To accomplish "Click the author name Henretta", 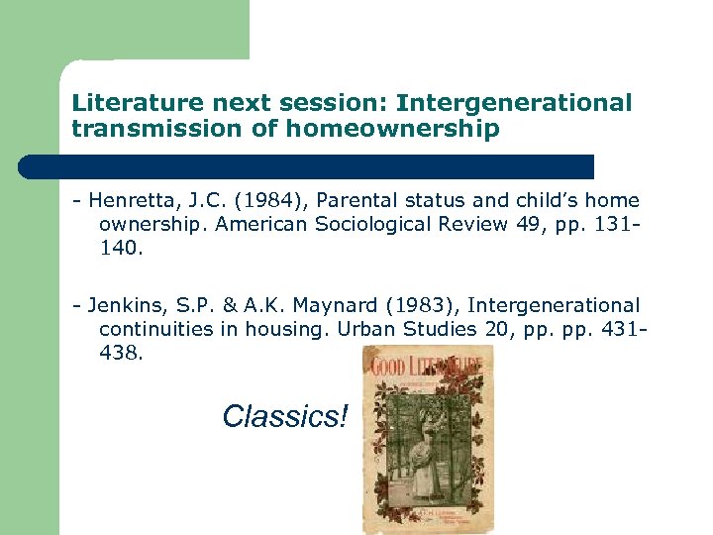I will click(130, 201).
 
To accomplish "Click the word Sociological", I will click(374, 224).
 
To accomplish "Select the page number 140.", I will click(121, 248).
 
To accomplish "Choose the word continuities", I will click(155, 329).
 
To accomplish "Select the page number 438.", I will click(121, 353).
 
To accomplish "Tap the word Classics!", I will click(285, 416).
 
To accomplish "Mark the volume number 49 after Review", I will click(529, 224).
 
